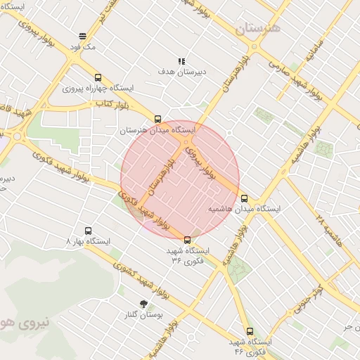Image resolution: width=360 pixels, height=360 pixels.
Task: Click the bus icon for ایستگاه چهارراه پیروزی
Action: click(98, 78)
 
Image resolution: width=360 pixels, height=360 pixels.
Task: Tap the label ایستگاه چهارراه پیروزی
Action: click(98, 89)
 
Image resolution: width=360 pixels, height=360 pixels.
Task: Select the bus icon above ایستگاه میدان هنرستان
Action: click(157, 120)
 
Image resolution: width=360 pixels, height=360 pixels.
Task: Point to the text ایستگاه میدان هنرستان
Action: click(157, 130)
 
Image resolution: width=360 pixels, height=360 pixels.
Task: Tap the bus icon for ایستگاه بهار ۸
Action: click(88, 231)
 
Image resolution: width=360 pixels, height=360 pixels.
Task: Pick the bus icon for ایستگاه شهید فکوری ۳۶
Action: click(186, 240)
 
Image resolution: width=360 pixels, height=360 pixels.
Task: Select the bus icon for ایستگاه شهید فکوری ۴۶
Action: click(250, 331)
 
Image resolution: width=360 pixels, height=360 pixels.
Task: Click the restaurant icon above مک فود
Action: click(82, 36)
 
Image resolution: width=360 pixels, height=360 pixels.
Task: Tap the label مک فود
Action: click(82, 46)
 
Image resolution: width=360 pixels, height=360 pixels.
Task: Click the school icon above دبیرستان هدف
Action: click(181, 61)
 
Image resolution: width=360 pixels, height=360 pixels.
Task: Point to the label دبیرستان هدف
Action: click(181, 72)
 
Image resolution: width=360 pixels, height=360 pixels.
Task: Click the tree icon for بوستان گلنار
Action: click(143, 304)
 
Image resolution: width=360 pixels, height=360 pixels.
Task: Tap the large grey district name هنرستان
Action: click(257, 29)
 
